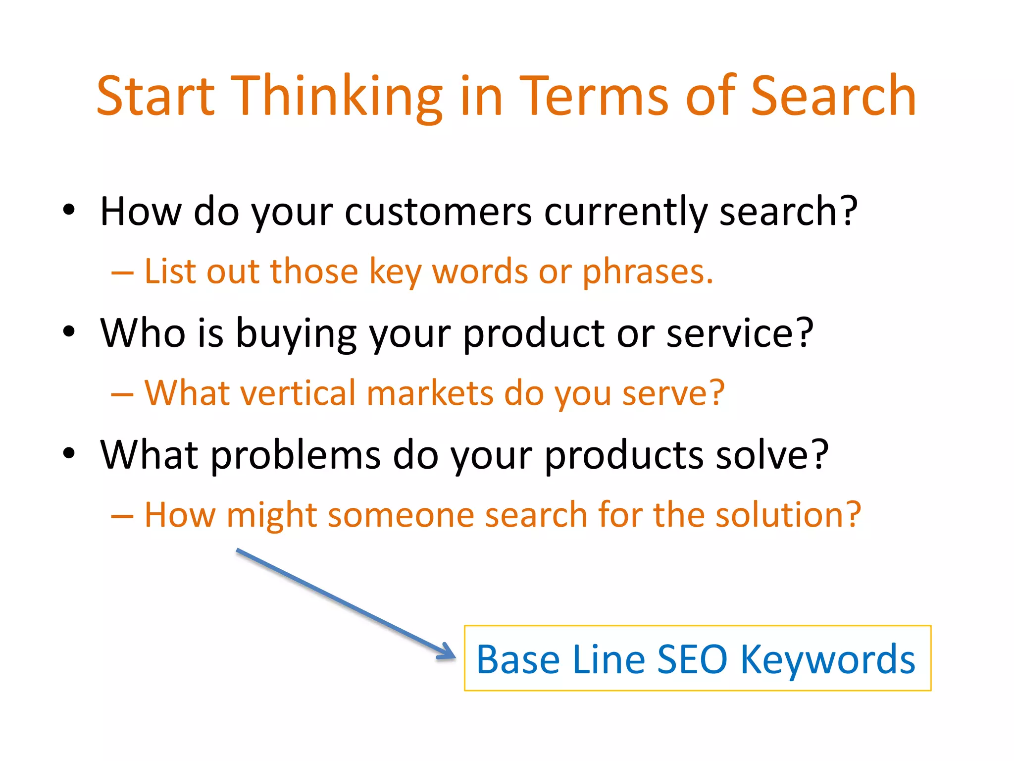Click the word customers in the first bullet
[439, 212]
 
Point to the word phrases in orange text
[647, 272]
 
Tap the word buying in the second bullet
[296, 334]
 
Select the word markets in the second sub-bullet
[430, 393]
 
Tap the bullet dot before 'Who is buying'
[69, 331]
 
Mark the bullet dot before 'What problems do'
[69, 453]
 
